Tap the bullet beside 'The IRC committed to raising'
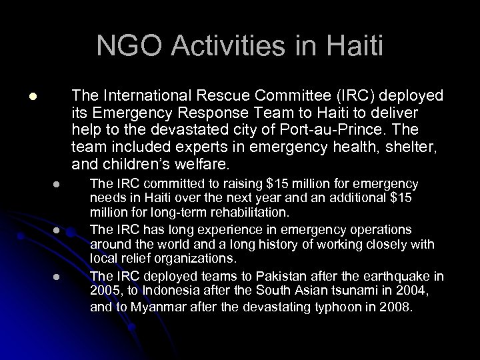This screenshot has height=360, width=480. pyautogui.click(x=57, y=185)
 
